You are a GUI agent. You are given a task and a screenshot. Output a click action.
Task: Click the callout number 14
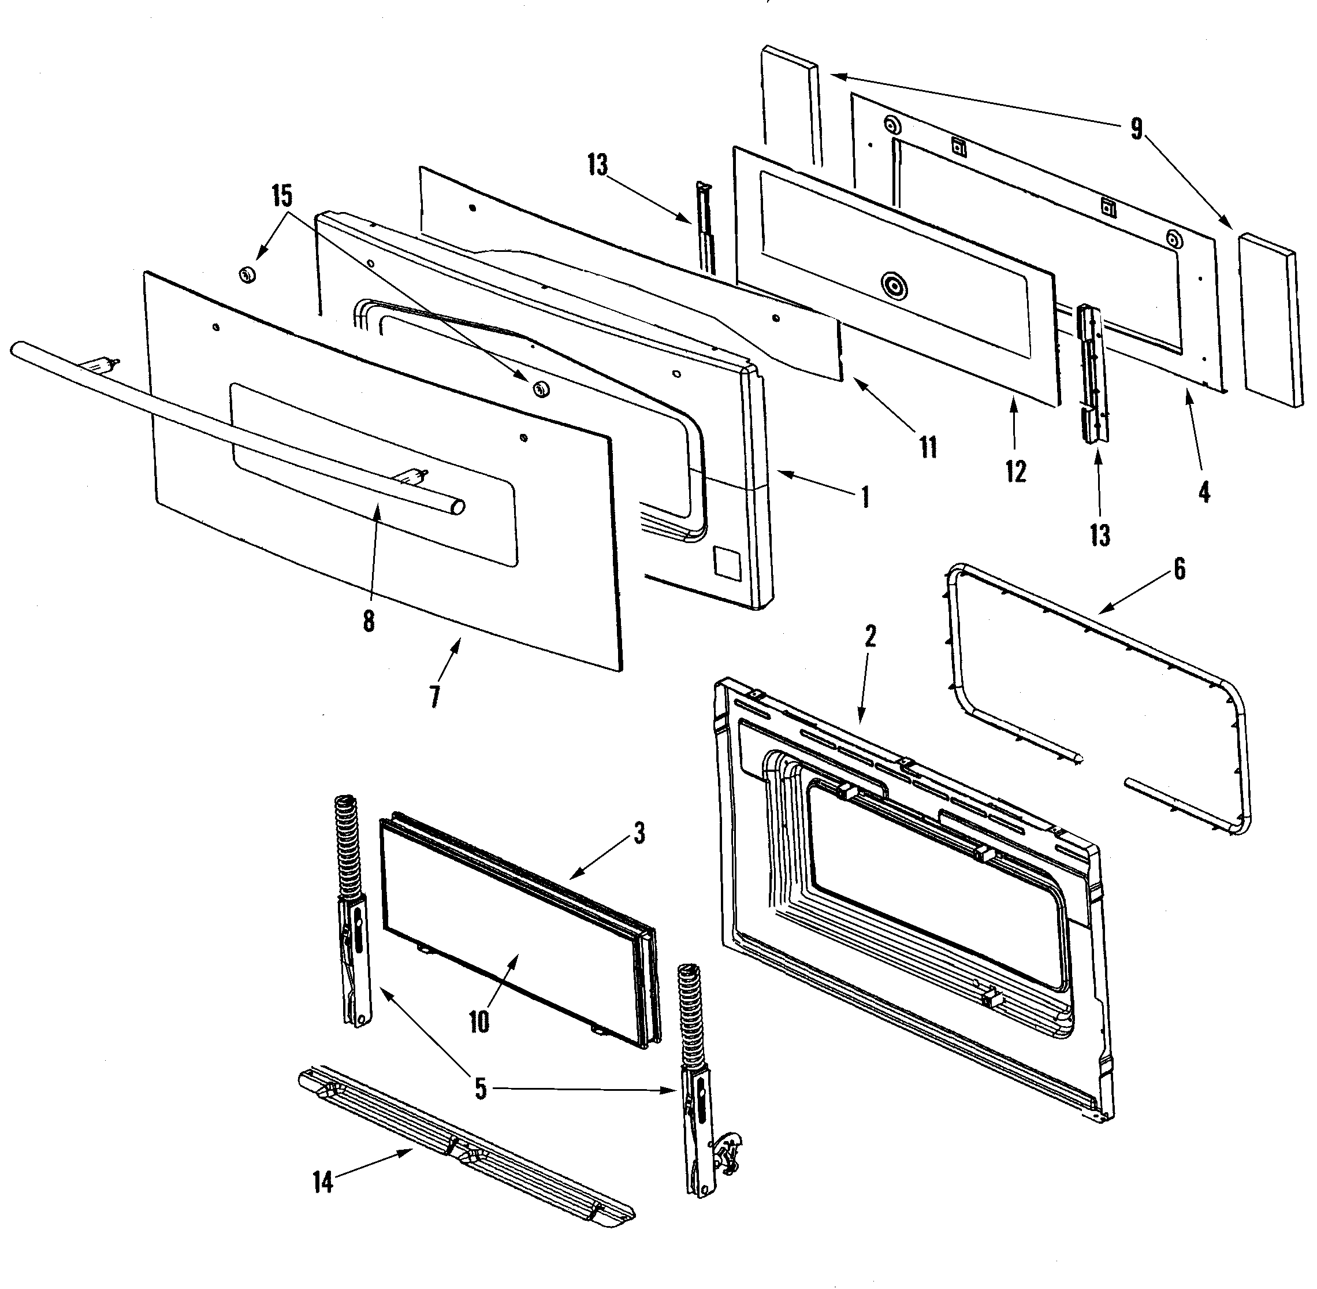(323, 1182)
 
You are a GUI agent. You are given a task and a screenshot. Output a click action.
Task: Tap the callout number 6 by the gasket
(1180, 569)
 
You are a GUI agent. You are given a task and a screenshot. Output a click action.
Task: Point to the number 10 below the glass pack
(479, 1021)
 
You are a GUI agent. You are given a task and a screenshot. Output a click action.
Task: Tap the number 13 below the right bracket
(1100, 535)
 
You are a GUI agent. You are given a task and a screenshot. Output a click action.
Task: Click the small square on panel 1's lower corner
(726, 563)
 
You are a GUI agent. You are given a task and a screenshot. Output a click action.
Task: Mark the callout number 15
(282, 196)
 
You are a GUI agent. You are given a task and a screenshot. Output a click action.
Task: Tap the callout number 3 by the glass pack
(639, 833)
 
